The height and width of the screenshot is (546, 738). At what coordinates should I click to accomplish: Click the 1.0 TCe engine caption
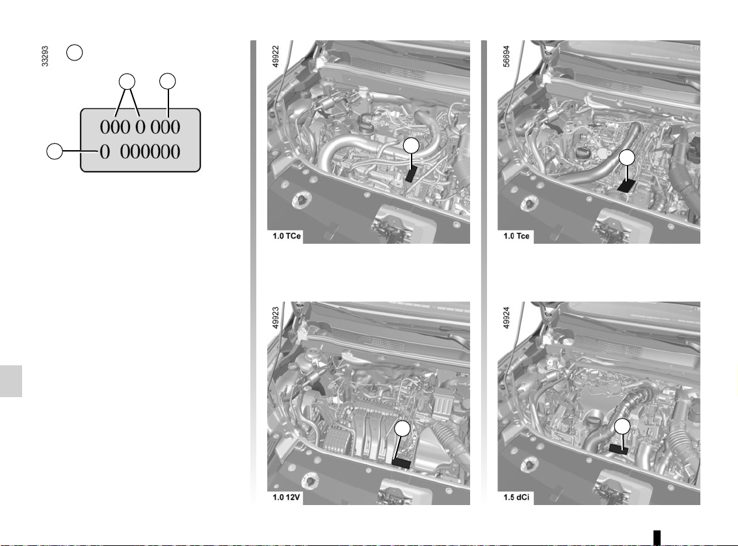(287, 236)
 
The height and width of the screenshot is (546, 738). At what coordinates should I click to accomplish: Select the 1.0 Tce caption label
(516, 236)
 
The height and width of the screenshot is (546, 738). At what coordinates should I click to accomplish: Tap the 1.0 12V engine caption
(286, 497)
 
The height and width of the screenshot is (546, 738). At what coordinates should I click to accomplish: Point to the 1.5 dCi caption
(516, 497)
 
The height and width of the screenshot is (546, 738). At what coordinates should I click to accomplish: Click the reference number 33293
(45, 56)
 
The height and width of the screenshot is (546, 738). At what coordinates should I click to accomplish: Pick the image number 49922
(276, 56)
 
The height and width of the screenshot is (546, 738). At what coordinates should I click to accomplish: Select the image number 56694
(507, 56)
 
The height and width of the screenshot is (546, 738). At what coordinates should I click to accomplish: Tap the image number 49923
(276, 318)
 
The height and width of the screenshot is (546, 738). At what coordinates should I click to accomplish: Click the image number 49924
(507, 318)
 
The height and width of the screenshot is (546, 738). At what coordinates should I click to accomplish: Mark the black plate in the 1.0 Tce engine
(626, 185)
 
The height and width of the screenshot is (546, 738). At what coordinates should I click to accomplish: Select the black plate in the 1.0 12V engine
(401, 463)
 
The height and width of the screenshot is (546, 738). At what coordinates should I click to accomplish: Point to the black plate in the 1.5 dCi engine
(618, 449)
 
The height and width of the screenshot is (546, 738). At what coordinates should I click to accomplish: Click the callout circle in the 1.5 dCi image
(622, 426)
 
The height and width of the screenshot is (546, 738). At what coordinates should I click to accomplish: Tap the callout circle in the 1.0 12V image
(402, 429)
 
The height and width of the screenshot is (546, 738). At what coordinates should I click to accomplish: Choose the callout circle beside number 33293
(74, 52)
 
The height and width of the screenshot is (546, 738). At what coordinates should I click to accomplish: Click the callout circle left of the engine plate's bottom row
(55, 151)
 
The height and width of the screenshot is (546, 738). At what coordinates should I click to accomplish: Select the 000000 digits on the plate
(150, 151)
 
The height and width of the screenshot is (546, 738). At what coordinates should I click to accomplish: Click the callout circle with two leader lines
(127, 81)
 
